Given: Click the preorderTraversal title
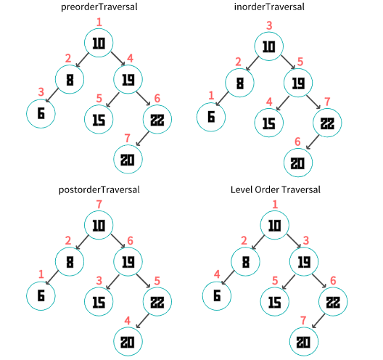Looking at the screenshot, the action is point(99,7).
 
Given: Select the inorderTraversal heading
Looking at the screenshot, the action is point(269,7).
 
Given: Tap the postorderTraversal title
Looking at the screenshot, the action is point(99,189).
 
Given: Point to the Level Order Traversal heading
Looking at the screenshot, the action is point(276,189).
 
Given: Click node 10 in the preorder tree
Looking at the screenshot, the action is point(99,43).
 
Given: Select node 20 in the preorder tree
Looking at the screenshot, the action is point(128,160).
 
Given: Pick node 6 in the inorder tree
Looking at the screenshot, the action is point(211,117).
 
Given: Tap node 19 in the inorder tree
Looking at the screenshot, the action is point(298,83).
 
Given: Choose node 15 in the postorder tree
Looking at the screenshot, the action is point(99,302).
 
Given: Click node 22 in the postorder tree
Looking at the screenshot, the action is point(157,302).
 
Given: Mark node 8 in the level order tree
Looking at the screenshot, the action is point(245,262).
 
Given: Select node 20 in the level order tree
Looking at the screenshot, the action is point(304,342).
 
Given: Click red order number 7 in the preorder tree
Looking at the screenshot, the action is point(127,139).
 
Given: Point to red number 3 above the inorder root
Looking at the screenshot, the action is point(269,25).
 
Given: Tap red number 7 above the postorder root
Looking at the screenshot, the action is point(99,205).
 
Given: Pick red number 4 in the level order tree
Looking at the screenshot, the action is point(217,274).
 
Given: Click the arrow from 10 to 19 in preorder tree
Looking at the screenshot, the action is point(118,59).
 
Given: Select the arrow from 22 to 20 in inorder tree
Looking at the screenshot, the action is point(313,142).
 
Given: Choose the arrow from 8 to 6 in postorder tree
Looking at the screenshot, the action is point(52,277).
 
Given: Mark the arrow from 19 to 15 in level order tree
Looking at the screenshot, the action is point(289,282).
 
